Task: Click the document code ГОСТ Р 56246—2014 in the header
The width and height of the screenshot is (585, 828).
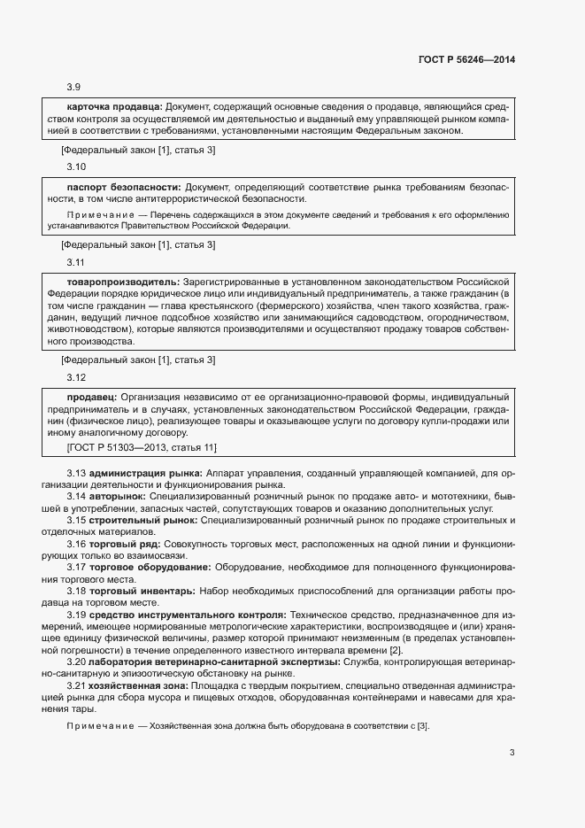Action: coord(466,59)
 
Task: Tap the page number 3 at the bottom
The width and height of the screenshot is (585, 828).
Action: coord(512,754)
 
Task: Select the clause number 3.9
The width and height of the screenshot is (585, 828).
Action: coord(74,87)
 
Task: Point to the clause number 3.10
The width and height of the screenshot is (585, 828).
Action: coord(76,166)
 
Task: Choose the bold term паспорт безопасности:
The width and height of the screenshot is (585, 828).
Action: coord(124,188)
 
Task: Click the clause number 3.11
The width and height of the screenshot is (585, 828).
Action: coord(76,262)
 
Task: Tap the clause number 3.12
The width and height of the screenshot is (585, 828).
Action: coord(76,376)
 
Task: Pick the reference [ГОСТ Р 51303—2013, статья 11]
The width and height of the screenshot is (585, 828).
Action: coord(142,447)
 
